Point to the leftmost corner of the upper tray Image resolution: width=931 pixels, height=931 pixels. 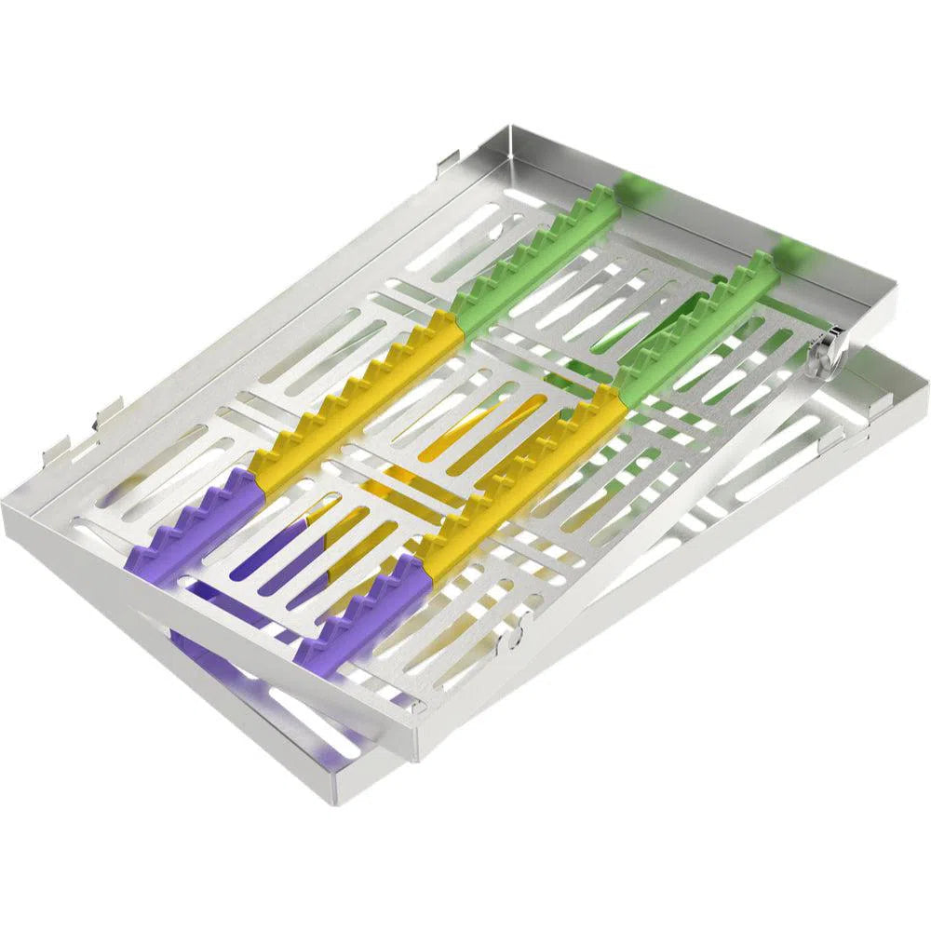pos(5,507)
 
